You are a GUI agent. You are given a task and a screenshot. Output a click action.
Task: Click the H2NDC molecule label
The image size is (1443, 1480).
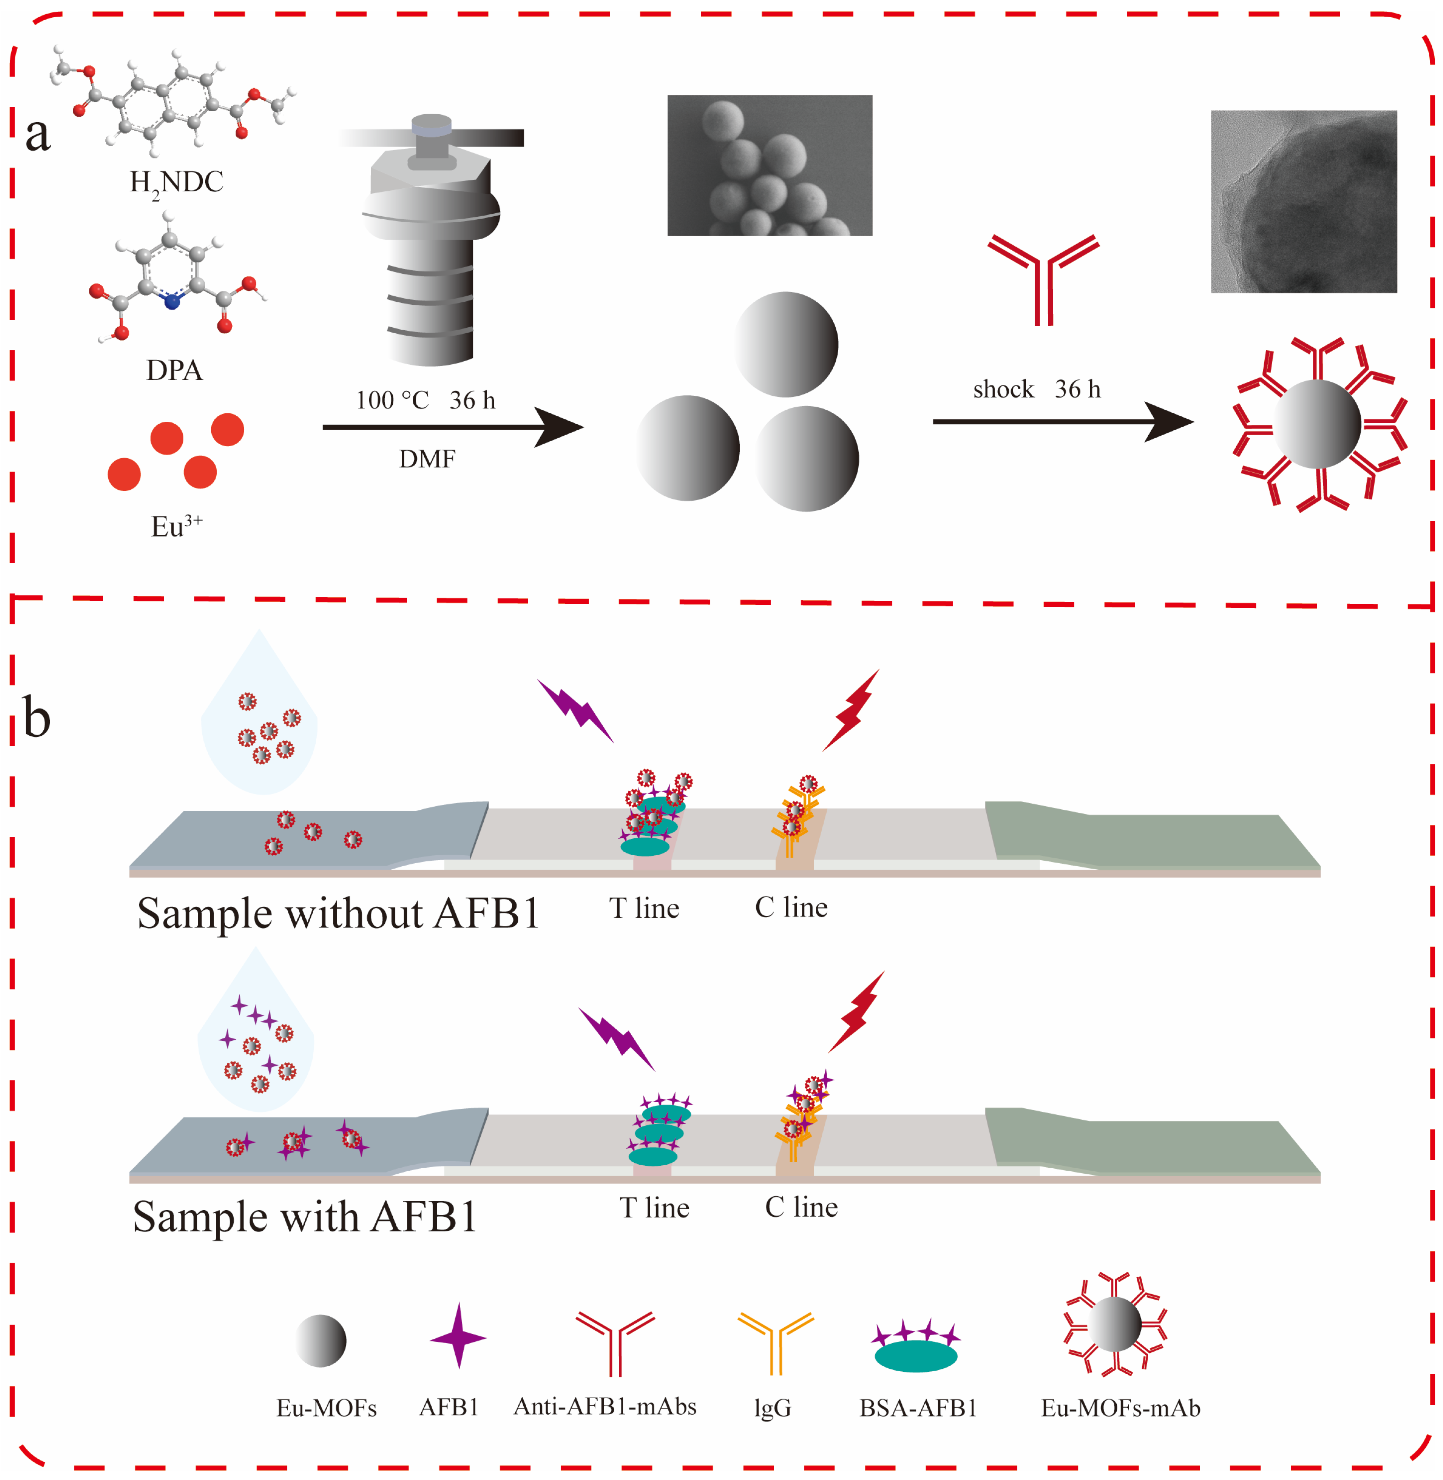(176, 183)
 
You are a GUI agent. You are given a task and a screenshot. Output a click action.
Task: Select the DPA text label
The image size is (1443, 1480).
(174, 370)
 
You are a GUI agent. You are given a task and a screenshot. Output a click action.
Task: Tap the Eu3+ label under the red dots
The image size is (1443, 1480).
(176, 526)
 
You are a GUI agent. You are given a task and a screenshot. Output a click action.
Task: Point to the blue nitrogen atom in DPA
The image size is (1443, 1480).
(172, 302)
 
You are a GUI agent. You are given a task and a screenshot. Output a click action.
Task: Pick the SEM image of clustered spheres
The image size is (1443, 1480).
(769, 165)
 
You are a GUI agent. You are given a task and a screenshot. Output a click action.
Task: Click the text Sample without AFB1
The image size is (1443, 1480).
(338, 913)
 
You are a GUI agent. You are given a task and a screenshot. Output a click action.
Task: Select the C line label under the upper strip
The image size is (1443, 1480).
(791, 907)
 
